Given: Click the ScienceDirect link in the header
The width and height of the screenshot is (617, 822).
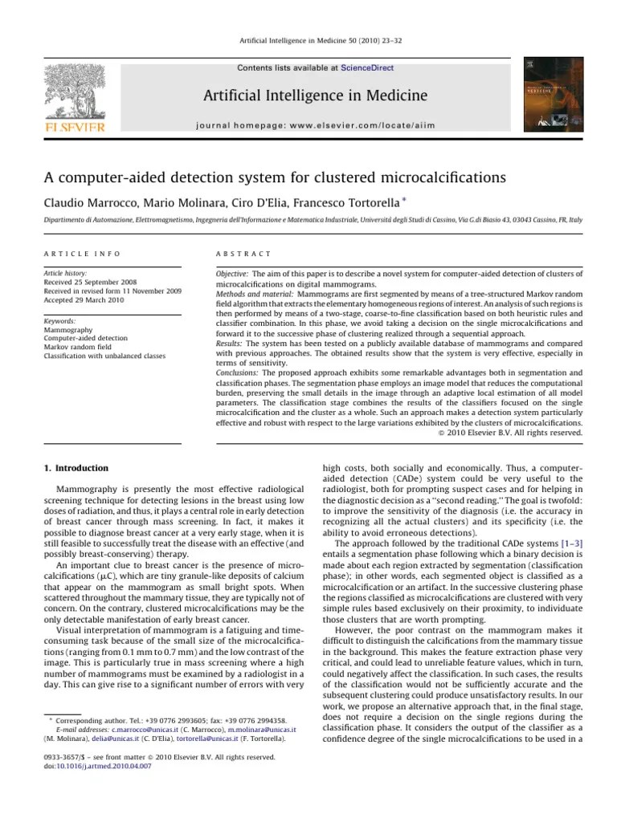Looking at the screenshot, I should click(x=367, y=68).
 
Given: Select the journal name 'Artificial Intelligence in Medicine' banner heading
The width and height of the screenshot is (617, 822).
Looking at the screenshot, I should click(x=315, y=96).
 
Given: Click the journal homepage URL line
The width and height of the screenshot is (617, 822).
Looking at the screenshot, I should click(x=315, y=126).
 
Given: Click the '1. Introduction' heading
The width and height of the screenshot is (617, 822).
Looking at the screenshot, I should click(x=76, y=468).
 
